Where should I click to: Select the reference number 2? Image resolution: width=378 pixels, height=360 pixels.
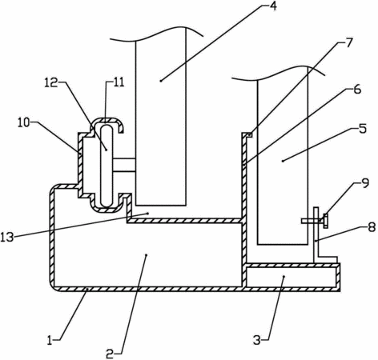(111, 354)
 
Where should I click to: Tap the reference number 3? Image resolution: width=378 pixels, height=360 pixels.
(257, 341)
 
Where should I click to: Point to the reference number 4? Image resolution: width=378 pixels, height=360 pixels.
(272, 6)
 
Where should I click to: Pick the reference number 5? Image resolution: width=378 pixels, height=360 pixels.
(363, 129)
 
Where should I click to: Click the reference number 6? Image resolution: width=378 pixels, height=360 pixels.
(356, 89)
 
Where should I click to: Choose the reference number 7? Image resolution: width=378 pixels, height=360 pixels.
(348, 42)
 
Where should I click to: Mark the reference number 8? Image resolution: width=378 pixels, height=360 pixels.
(371, 227)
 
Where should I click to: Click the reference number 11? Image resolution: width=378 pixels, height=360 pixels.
(119, 82)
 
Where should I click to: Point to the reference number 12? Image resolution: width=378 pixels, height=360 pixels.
(51, 83)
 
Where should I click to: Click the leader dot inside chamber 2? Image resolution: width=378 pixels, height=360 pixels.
(146, 255)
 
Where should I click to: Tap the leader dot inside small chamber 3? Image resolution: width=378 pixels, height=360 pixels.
(283, 277)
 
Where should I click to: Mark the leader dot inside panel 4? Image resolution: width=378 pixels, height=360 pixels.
(161, 81)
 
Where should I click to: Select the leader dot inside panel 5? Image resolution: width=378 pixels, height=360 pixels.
(283, 161)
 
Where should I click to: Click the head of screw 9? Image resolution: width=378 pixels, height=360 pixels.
(325, 221)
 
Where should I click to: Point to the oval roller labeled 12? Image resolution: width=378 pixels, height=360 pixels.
(107, 166)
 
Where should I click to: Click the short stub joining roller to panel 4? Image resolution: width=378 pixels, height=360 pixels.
(124, 166)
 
